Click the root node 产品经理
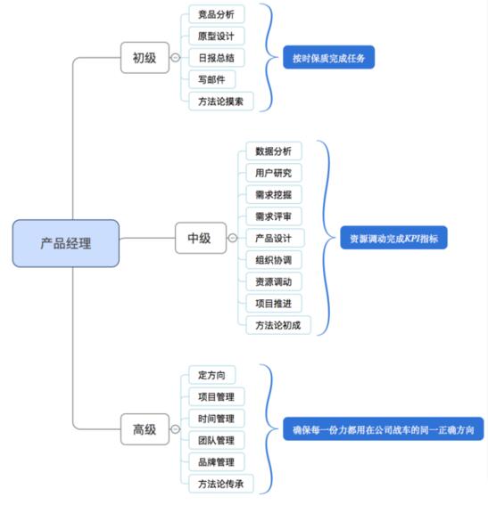[x=66, y=243]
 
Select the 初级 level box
[x=145, y=58]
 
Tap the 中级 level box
[x=201, y=238]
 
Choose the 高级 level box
[x=145, y=429]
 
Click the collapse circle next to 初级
[x=175, y=58]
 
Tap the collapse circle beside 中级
[x=233, y=238]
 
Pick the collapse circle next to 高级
[x=175, y=429]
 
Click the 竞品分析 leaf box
[x=217, y=14]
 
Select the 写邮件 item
[x=212, y=79]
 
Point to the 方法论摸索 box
[x=221, y=102]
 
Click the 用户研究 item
[x=274, y=173]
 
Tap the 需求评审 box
[x=274, y=216]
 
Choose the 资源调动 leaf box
[x=274, y=281]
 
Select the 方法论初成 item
[x=278, y=325]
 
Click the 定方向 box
[x=212, y=375]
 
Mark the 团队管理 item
[x=217, y=440]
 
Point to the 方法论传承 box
[x=221, y=484]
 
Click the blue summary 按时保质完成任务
[x=328, y=58]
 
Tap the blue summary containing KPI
[x=393, y=238]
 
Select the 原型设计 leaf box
[x=217, y=36]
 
